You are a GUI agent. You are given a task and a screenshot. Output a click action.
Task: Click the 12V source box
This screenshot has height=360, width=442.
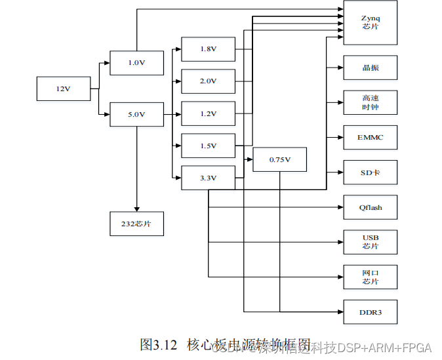click(x=63, y=89)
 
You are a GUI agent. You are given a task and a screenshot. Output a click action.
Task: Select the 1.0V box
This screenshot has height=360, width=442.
click(x=136, y=62)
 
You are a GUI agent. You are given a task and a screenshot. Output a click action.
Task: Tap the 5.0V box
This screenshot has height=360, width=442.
click(x=136, y=114)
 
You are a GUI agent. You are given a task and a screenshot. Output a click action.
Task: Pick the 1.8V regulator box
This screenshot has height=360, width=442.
click(x=208, y=49)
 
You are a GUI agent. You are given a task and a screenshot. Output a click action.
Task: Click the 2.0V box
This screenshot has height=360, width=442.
click(x=208, y=81)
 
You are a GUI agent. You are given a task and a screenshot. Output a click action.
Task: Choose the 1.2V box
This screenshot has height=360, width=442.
click(x=208, y=113)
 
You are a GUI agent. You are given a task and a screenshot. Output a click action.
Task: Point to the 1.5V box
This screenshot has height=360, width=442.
click(x=208, y=146)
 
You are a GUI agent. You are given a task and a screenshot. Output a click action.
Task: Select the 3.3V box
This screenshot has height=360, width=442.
click(x=208, y=178)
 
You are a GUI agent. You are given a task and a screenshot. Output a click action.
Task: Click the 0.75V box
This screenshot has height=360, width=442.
click(x=279, y=159)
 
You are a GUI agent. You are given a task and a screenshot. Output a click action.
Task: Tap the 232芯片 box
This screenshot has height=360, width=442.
click(x=136, y=224)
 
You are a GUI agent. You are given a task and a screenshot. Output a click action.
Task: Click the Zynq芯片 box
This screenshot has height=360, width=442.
click(x=370, y=22)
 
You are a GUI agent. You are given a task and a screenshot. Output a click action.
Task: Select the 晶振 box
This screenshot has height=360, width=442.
click(x=370, y=68)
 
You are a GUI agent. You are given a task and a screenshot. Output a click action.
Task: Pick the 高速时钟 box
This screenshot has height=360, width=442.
click(x=370, y=102)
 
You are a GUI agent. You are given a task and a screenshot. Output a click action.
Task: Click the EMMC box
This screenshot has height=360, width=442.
click(x=370, y=137)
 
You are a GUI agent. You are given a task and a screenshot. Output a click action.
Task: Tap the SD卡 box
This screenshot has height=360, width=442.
click(x=370, y=172)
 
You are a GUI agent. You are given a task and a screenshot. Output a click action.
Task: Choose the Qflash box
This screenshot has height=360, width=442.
click(x=370, y=207)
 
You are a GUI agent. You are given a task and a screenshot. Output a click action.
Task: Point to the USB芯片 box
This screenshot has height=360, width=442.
click(x=370, y=241)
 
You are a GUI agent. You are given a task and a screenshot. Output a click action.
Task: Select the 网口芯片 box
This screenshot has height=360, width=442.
click(x=370, y=277)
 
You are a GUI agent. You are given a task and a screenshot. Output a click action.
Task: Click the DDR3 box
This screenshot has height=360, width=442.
click(x=370, y=311)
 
